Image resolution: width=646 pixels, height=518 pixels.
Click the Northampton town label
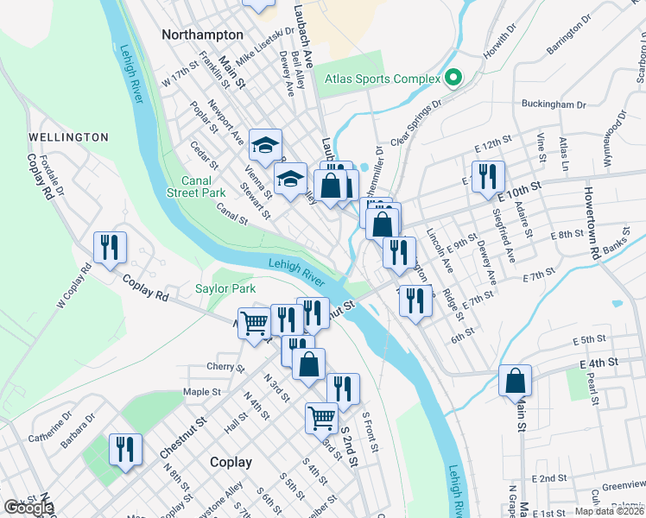201,35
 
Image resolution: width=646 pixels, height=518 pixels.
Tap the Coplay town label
231,462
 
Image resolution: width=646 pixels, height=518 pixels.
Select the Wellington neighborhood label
68,137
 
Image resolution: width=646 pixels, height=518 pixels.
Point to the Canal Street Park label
203,186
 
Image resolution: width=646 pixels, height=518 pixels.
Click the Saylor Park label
225,288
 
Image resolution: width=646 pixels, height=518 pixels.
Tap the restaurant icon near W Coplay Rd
110,248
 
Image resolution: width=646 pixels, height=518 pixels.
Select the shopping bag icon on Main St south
515,381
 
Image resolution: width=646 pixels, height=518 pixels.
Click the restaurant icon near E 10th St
488,177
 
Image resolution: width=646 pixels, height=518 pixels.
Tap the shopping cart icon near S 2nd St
321,418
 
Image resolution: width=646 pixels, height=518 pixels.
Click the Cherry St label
227,367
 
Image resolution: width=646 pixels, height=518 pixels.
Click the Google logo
29,508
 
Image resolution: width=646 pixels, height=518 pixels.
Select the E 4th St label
600,363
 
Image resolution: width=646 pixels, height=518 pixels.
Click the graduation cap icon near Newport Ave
266,144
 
